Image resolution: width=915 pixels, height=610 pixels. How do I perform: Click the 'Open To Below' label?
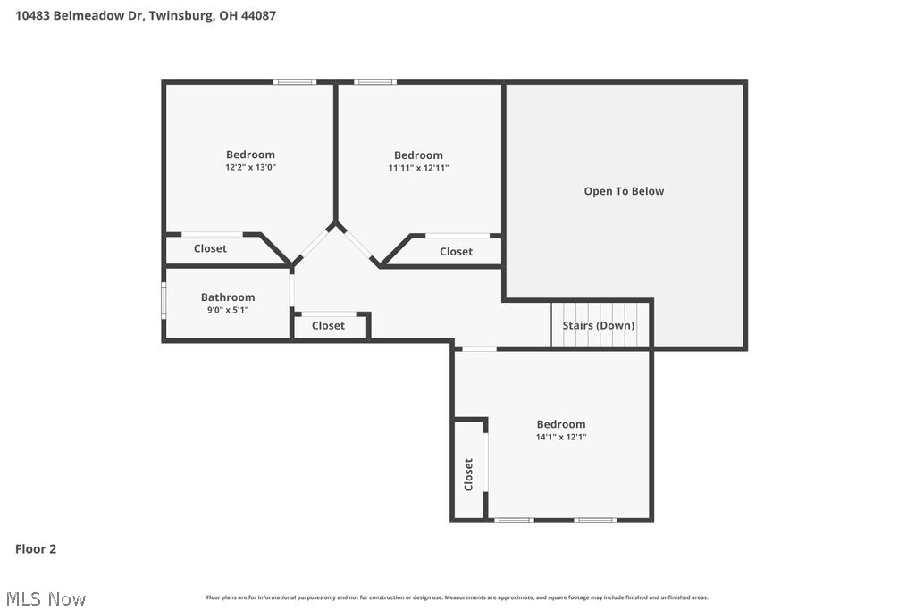tap(624, 191)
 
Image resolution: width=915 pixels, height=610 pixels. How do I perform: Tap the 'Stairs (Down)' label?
tap(598, 325)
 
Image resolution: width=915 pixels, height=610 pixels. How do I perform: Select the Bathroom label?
tap(228, 297)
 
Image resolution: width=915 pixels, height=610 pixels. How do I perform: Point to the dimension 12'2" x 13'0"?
tap(250, 167)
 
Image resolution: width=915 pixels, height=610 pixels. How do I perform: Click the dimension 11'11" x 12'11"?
tap(418, 168)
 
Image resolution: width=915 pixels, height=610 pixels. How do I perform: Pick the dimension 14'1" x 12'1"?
tap(561, 437)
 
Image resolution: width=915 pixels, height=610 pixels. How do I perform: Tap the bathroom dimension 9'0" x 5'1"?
tap(228, 310)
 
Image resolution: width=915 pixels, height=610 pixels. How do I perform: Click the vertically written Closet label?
tap(468, 474)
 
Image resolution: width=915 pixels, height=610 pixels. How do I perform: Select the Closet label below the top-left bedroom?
tap(210, 248)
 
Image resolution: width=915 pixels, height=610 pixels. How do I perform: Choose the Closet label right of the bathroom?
tap(328, 326)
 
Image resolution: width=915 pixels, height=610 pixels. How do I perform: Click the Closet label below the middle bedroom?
tap(456, 252)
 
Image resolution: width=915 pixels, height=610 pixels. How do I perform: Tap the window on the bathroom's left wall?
tap(163, 301)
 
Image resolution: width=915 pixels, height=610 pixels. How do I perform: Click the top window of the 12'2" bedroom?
tap(295, 82)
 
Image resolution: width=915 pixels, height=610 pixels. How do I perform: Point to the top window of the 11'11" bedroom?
tap(374, 82)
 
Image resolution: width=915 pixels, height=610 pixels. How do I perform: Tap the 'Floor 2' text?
tap(36, 549)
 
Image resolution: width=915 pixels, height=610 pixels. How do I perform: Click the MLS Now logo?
tap(44, 598)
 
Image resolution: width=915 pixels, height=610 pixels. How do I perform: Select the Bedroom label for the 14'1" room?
tap(561, 424)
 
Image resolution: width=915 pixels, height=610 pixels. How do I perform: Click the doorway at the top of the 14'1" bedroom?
tap(479, 348)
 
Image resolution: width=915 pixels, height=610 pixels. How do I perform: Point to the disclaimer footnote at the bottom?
tap(457, 597)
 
